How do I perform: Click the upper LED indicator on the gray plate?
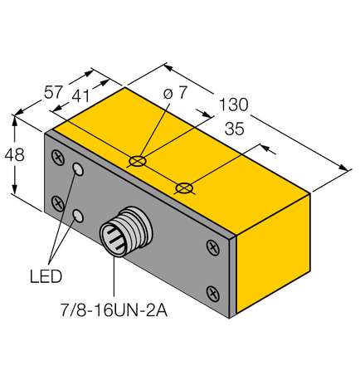(x=79, y=169)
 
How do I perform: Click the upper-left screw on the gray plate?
(x=57, y=155)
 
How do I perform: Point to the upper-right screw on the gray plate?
(x=212, y=246)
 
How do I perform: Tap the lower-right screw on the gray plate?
(x=212, y=291)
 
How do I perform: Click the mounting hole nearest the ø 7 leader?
(x=139, y=158)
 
